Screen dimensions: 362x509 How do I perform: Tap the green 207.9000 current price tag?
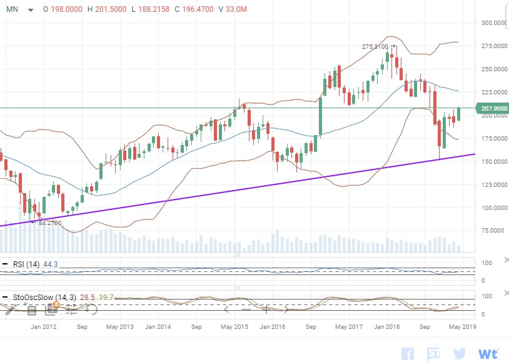click(x=493, y=109)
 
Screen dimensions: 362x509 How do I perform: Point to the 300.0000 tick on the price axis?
click(x=493, y=23)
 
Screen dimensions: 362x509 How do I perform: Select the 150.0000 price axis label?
click(x=493, y=161)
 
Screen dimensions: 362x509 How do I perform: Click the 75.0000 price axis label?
click(x=493, y=231)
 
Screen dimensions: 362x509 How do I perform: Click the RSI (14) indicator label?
click(x=26, y=264)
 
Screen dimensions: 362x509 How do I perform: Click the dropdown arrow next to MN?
click(x=31, y=10)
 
